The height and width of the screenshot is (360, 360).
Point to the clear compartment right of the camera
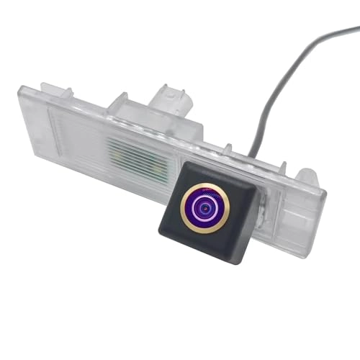tap(288, 205)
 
